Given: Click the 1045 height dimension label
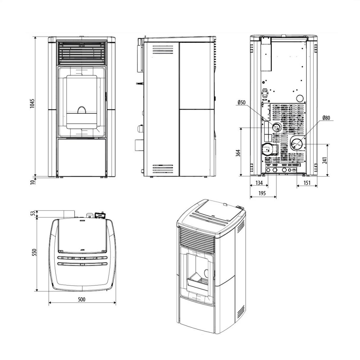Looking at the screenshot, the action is point(32,104).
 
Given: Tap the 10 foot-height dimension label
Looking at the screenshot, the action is point(32,182).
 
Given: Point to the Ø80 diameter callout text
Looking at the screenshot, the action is point(326,118).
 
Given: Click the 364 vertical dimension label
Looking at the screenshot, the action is point(238,153).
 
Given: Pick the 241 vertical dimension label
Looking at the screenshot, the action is point(325,160).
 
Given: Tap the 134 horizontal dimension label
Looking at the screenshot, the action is point(259,183).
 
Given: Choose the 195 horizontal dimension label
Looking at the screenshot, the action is point(262,193).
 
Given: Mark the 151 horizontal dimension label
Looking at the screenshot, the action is point(307,183).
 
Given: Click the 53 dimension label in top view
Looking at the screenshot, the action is point(33,213).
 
